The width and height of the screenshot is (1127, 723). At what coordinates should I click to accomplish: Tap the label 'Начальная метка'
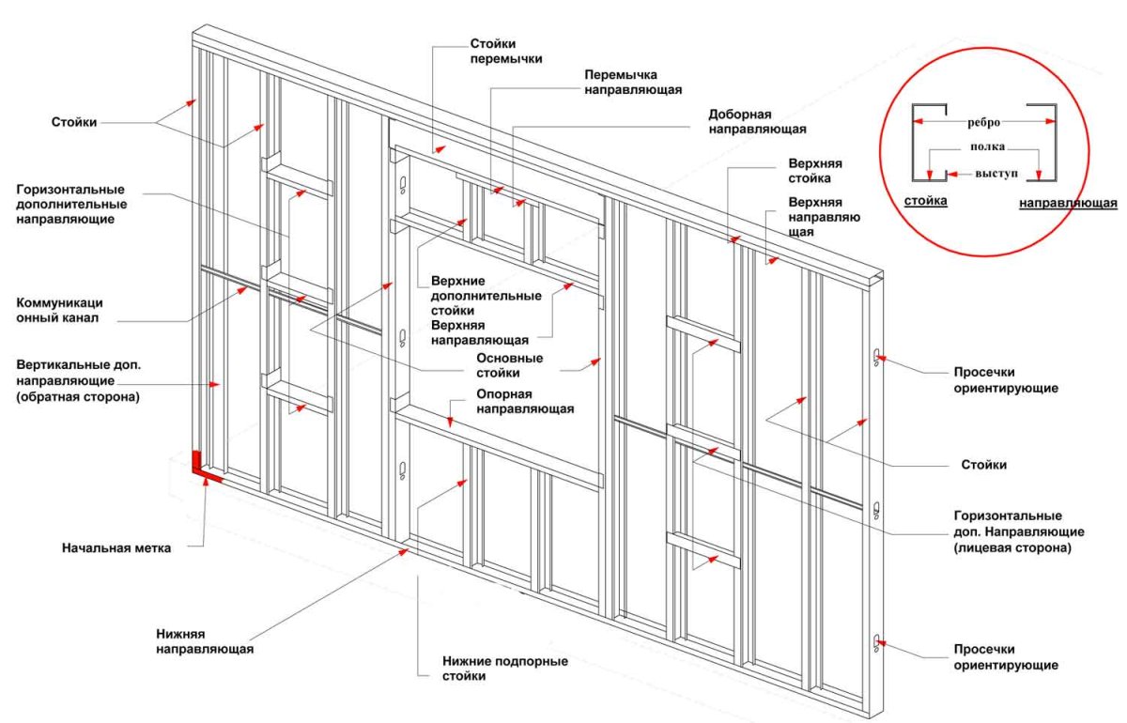coord(116,548)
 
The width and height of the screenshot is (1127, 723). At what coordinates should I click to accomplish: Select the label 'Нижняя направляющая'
coord(204,641)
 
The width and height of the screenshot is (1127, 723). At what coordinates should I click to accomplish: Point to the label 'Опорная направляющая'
coord(525,401)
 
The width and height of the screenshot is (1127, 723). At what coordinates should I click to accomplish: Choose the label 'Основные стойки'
coord(509,365)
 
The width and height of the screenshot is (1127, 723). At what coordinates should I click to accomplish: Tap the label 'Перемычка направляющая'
coord(632,82)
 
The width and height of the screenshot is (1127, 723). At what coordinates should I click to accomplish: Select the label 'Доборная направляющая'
coord(757,120)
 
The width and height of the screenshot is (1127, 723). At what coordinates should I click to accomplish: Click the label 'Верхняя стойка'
coord(810,170)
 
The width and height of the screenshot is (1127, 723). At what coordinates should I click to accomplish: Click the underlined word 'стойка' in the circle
coord(925,201)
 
